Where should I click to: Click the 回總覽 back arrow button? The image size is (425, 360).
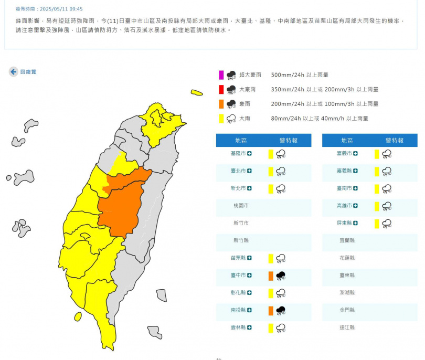pos(13,72)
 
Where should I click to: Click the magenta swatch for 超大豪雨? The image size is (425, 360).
pos(221,75)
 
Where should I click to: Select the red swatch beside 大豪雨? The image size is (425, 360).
pos(221,89)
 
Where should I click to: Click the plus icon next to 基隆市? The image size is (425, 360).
pos(249,154)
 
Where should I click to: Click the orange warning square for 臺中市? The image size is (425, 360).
pos(271,276)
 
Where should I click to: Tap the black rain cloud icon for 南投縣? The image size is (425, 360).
pos(281,310)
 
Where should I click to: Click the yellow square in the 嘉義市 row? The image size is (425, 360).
pos(377,154)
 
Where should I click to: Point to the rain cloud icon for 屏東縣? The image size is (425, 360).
pos(387,223)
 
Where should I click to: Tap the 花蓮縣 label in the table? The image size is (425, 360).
pos(347,258)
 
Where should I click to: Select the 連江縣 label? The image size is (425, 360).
pos(347,327)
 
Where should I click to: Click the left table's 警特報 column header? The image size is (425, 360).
pos(288,141)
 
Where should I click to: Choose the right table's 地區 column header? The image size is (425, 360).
pos(347,141)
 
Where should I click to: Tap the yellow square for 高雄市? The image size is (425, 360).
pos(377,206)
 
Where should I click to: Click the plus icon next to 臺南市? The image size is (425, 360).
pos(355,188)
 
